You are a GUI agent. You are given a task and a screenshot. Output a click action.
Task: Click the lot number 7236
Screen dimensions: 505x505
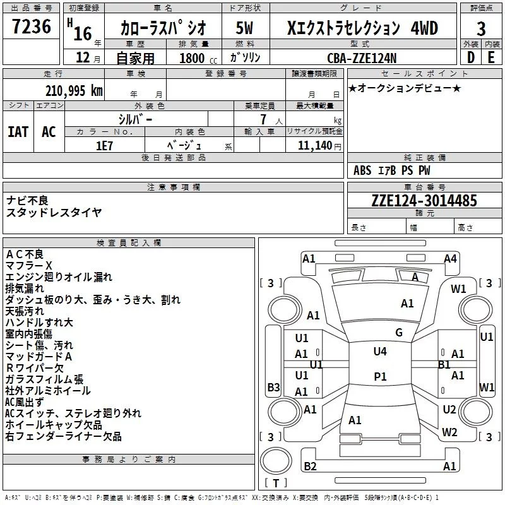(x=32, y=27)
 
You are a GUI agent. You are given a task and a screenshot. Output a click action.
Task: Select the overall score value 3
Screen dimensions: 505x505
(x=481, y=28)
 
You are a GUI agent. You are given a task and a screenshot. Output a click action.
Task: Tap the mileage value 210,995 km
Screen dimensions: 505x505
(x=74, y=91)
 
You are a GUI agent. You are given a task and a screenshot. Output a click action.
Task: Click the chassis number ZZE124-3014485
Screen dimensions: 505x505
(x=424, y=201)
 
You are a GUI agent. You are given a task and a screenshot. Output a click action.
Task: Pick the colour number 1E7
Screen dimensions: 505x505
(x=104, y=145)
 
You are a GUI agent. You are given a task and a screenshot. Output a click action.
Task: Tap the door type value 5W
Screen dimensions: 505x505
(x=245, y=28)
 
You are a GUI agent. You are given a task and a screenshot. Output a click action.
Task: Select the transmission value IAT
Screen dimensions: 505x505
(x=18, y=132)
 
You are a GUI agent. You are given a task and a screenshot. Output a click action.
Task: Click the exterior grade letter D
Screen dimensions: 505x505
(x=470, y=58)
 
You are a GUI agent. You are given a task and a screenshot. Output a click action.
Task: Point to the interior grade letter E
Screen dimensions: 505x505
(x=490, y=58)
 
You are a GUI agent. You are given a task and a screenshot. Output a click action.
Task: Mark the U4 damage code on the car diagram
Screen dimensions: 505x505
(x=380, y=352)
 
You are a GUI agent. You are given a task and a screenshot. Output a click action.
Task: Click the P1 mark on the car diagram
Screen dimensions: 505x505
(x=380, y=376)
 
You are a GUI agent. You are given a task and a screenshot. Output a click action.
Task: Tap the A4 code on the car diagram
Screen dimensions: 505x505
(x=450, y=258)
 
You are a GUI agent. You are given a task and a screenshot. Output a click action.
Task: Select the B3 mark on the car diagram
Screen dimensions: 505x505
(x=273, y=387)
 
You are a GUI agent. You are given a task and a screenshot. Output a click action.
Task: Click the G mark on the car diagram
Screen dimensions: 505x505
(x=398, y=332)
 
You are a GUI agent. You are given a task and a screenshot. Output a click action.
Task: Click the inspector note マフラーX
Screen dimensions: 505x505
(x=29, y=265)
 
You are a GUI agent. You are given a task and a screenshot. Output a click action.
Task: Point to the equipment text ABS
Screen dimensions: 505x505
(x=362, y=170)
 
